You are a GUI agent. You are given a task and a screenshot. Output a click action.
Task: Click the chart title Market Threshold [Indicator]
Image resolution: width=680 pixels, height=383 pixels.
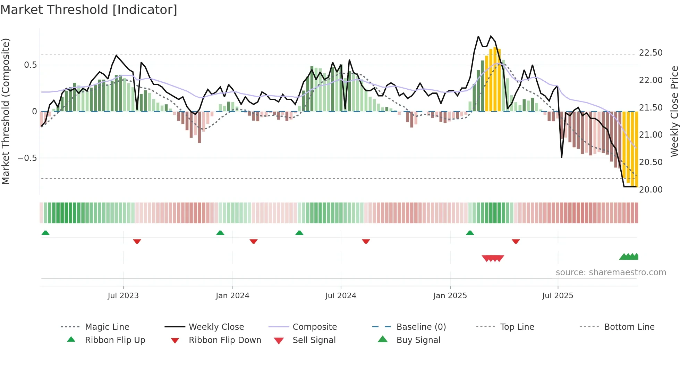(89, 10)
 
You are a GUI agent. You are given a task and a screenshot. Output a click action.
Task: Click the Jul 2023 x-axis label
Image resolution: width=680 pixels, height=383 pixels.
(123, 296)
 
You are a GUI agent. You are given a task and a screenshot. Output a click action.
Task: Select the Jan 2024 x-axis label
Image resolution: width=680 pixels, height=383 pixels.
(232, 296)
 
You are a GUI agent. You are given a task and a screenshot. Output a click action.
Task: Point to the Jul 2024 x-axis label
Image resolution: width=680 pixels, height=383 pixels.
(341, 296)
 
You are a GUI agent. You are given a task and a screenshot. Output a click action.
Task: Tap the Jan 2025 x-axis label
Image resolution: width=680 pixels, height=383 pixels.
(450, 296)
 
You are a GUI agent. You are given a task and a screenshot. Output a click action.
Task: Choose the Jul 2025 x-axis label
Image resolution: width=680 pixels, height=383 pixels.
(558, 296)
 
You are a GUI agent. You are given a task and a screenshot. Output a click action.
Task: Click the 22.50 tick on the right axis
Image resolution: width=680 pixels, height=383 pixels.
(651, 53)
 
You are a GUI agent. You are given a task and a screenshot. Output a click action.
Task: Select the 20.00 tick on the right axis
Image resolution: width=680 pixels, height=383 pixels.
(651, 190)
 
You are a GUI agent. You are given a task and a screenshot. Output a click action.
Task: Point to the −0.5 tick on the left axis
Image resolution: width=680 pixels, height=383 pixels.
(27, 158)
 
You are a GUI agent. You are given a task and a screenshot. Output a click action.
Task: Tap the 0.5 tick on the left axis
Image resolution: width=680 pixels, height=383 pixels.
(30, 65)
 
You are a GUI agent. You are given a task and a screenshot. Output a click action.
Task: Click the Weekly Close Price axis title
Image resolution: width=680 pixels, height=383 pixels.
(674, 111)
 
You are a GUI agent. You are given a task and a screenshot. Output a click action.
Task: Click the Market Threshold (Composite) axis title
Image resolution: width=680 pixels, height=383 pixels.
(6, 111)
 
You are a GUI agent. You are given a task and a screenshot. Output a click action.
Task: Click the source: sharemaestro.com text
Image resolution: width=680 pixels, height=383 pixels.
(611, 272)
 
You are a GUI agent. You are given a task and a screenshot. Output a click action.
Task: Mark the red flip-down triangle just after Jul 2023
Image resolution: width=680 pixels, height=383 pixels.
(137, 241)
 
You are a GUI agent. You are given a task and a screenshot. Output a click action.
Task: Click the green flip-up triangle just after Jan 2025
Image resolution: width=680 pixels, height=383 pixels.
(470, 233)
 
